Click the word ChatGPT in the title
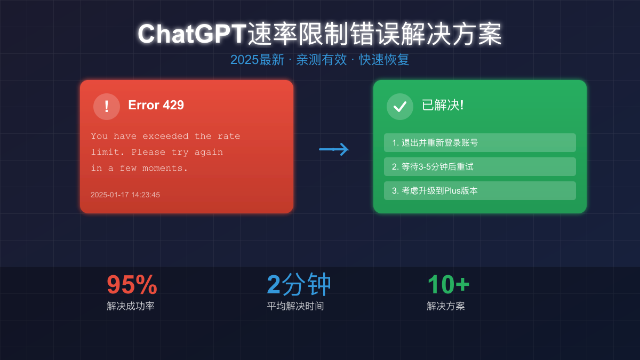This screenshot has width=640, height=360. pyautogui.click(x=192, y=34)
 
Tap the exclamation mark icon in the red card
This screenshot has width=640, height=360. pyautogui.click(x=107, y=107)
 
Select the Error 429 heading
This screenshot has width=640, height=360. pyautogui.click(x=156, y=105)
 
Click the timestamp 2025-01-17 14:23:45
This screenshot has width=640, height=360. pyautogui.click(x=125, y=195)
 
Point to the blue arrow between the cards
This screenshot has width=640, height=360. pyautogui.click(x=334, y=149)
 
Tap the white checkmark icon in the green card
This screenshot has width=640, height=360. pyautogui.click(x=400, y=107)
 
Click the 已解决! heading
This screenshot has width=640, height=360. pyautogui.click(x=443, y=105)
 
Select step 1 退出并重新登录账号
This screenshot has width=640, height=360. pyautogui.click(x=435, y=142)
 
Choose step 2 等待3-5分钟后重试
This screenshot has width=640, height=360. pyautogui.click(x=433, y=166)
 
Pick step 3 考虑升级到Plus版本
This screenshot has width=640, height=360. pyautogui.click(x=435, y=190)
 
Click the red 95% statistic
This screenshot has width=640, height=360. pyautogui.click(x=132, y=285)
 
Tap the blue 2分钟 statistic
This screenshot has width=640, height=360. pyautogui.click(x=299, y=285)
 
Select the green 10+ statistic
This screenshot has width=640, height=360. pyautogui.click(x=448, y=285)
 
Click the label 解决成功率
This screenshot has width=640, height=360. pyautogui.click(x=131, y=306)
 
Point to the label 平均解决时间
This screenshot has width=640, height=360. pyautogui.click(x=295, y=306)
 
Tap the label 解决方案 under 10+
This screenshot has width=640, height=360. pyautogui.click(x=446, y=306)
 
